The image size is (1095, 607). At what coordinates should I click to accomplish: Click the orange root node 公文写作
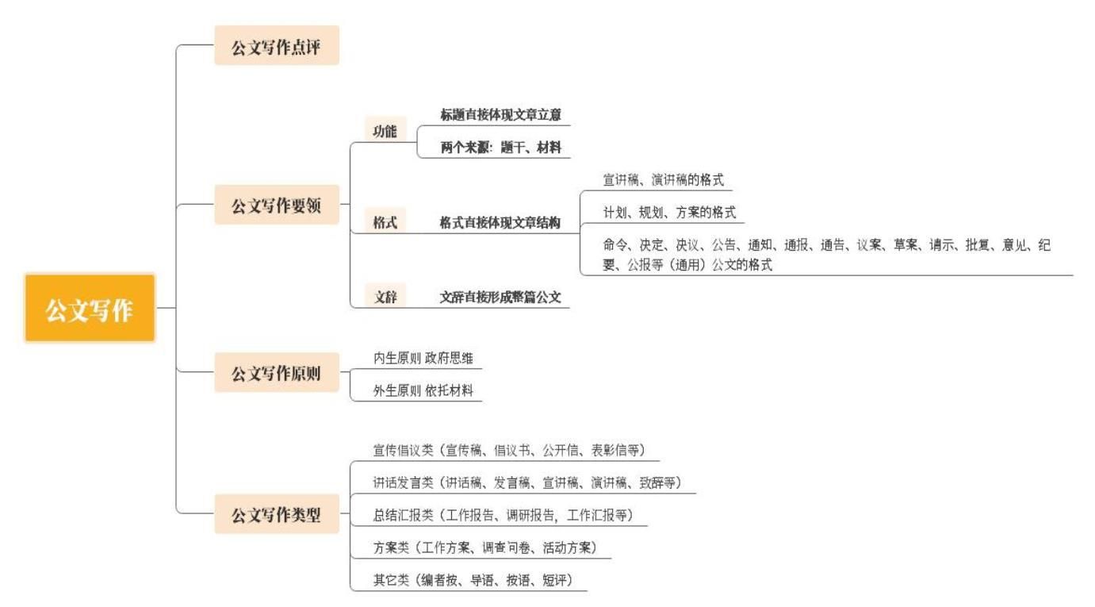coord(90,308)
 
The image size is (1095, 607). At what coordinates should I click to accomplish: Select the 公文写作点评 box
coord(277,45)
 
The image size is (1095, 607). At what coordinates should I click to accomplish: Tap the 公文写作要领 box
coord(277,205)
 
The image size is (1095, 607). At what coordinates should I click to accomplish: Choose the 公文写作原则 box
coord(277,372)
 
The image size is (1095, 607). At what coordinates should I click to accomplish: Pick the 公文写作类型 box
coord(277,513)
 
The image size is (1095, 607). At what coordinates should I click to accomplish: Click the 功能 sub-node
coord(385,130)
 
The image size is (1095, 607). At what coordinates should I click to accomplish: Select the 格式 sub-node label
coord(385,221)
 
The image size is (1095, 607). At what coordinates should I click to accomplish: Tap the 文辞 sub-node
coord(385,296)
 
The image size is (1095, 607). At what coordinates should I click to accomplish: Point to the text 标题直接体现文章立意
coord(500,114)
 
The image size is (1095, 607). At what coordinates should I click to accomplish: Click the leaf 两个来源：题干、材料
coord(500,147)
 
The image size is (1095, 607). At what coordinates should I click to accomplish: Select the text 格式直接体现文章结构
coord(500,222)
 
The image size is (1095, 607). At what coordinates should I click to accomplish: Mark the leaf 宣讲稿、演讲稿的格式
coord(664,179)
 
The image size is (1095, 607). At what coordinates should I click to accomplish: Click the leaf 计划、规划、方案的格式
coord(669,212)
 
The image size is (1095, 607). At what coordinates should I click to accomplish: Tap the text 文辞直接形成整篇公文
coord(500,297)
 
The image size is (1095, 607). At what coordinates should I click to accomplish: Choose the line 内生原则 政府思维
coord(423,358)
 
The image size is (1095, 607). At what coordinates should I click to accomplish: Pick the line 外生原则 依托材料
coord(423,390)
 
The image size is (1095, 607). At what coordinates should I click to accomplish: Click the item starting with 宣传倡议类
coord(509,450)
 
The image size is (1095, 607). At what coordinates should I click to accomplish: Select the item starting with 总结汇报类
coord(503,515)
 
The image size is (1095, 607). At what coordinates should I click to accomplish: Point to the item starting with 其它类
coord(473,580)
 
